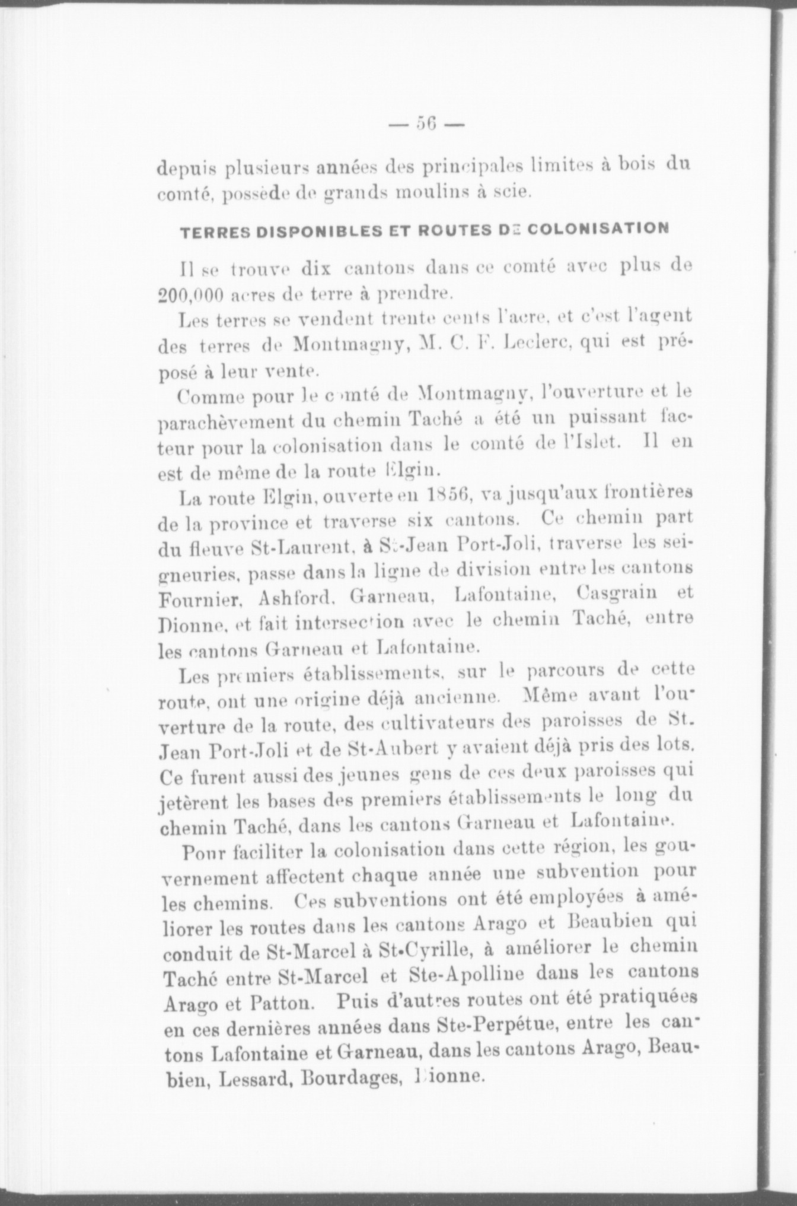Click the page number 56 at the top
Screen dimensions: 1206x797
[426, 125]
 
